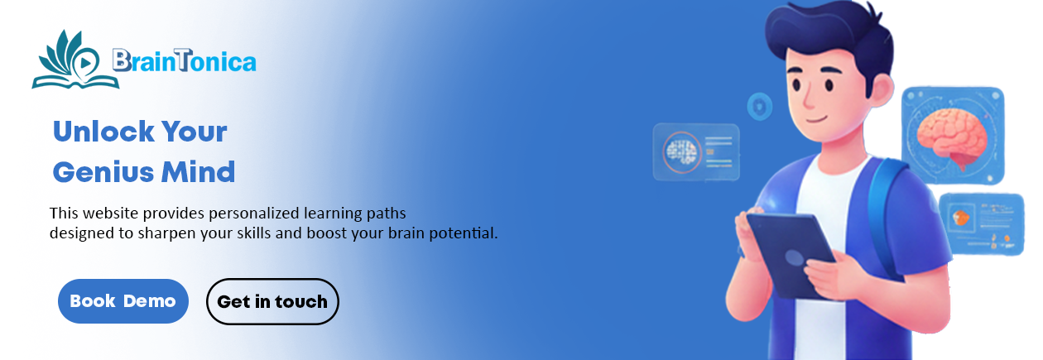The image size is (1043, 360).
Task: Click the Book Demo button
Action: pyautogui.click(x=123, y=301)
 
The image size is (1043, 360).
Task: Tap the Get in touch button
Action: pyautogui.click(x=272, y=301)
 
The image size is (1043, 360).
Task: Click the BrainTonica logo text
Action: pyautogui.click(x=184, y=60)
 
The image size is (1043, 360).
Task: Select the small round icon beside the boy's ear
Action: pyautogui.click(x=759, y=107)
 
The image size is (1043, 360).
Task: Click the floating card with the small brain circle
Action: pyautogui.click(x=695, y=151)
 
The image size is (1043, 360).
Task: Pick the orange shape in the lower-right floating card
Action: pyautogui.click(x=960, y=218)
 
